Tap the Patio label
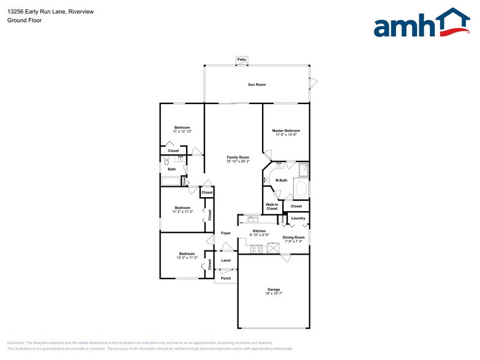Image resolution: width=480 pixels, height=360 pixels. click(x=242, y=59)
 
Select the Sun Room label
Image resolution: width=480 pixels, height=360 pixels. click(x=257, y=84)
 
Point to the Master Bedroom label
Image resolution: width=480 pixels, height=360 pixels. click(x=286, y=130)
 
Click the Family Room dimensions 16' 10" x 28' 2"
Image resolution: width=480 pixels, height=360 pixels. click(x=238, y=162)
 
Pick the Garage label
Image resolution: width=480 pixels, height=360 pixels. click(x=273, y=289)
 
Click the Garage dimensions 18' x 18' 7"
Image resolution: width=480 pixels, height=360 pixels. click(x=273, y=294)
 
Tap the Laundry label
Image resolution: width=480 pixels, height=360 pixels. click(x=298, y=218)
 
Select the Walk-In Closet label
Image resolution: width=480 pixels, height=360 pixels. click(x=272, y=206)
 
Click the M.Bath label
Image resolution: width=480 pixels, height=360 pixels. click(x=282, y=180)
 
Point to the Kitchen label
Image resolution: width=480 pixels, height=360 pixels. click(x=259, y=231)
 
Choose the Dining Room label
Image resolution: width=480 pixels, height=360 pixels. click(x=293, y=237)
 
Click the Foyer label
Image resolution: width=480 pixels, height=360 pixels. click(x=226, y=233)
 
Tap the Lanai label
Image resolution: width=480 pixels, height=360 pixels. click(x=225, y=260)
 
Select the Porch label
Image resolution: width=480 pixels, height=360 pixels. click(x=225, y=278)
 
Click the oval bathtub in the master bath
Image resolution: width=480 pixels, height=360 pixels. click(x=301, y=188)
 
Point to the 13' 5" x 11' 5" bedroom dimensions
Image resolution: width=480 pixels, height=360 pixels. click(x=187, y=258)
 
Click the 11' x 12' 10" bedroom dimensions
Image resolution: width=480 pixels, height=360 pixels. click(x=182, y=132)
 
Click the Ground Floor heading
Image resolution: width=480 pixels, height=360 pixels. click(x=21, y=20)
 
